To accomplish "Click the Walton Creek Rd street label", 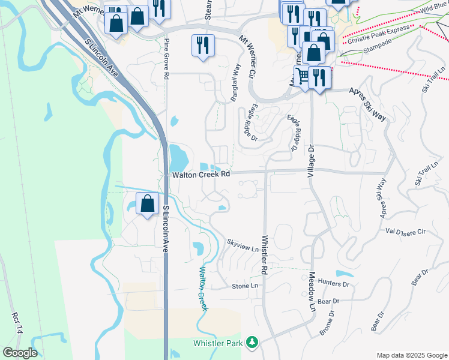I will pyautogui.click(x=201, y=175).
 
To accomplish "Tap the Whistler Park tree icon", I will pyautogui.click(x=253, y=342).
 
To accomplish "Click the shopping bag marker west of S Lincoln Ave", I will pyautogui.click(x=148, y=204).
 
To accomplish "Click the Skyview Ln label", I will pyautogui.click(x=243, y=245).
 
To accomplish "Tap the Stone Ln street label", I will pyautogui.click(x=248, y=286).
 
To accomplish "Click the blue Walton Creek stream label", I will pyautogui.click(x=202, y=289).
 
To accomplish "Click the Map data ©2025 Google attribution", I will pyautogui.click(x=411, y=355).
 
